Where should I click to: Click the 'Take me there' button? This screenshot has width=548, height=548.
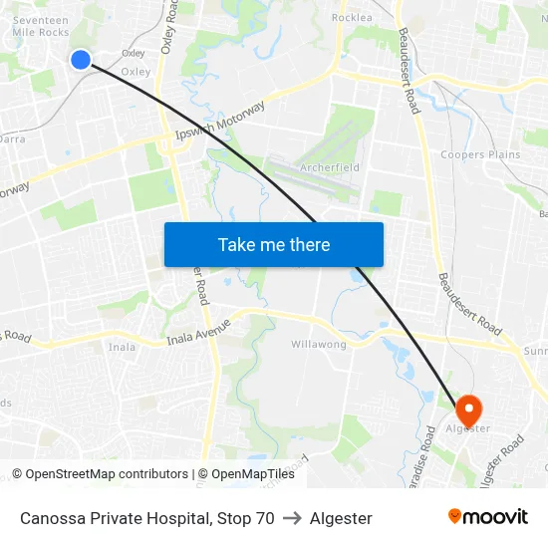coord(274,244)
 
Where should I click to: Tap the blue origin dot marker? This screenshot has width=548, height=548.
coord(82,60)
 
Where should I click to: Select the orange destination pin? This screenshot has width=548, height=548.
coord(468,411)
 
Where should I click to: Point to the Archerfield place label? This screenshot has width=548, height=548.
coord(330,167)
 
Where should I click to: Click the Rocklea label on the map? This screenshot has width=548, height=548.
coord(351,18)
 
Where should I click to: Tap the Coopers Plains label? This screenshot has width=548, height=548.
coord(480,154)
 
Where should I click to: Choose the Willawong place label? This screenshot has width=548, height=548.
coord(319,344)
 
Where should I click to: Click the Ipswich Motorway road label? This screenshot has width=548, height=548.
coord(219,121)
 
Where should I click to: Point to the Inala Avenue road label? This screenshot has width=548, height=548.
coord(199,333)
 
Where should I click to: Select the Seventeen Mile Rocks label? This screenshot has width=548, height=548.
coord(40,26)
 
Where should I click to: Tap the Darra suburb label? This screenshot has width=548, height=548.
coord(12,140)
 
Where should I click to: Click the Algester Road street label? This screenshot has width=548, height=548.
coord(501,460)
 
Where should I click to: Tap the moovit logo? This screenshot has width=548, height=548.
coord(488,517)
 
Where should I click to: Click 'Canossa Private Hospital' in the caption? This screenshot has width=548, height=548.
coord(115,518)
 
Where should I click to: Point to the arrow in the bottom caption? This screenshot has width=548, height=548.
coord(292,518)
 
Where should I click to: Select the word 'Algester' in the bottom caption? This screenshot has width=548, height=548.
coord(341,518)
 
